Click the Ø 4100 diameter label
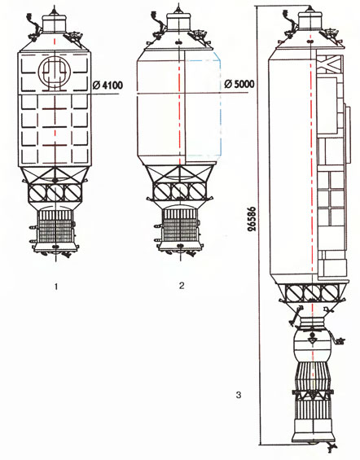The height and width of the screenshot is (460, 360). pyautogui.click(x=108, y=85)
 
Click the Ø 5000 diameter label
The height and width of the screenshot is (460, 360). pyautogui.click(x=239, y=84)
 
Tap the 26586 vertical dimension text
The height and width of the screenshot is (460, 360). pyautogui.click(x=252, y=219)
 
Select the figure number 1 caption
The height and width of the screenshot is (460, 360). pyautogui.click(x=56, y=287)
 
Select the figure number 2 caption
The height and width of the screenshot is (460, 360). pyautogui.click(x=182, y=285)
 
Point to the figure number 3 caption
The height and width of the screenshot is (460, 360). pyautogui.click(x=239, y=395)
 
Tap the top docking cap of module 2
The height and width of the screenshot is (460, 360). pyautogui.click(x=178, y=21)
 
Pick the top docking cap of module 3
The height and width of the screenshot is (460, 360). pyautogui.click(x=310, y=21)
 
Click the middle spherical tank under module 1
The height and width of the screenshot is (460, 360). pyautogui.click(x=55, y=192)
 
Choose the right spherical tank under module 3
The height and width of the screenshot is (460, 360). pyautogui.click(x=330, y=293)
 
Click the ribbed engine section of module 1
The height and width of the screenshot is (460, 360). pyautogui.click(x=55, y=227)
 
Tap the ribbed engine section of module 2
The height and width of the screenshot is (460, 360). pyautogui.click(x=180, y=225)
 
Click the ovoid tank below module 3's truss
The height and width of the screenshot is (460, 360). pyautogui.click(x=312, y=345)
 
